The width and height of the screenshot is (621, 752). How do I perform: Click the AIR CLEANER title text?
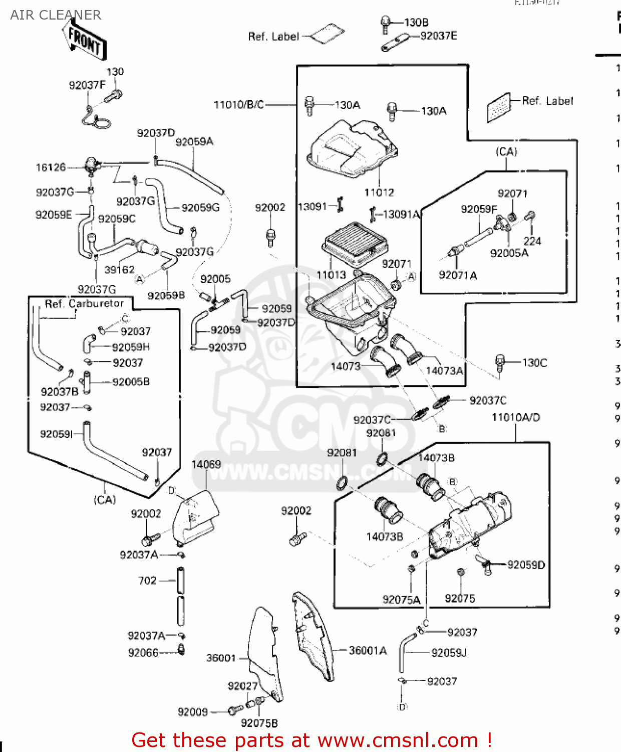tap(56, 15)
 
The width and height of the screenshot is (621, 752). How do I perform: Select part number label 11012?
tap(379, 193)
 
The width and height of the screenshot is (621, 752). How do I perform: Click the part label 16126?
tap(51, 167)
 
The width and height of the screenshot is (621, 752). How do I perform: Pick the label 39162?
tap(119, 270)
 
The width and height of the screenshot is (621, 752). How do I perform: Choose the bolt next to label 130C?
tap(499, 362)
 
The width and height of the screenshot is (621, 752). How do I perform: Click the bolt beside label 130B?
tap(385, 24)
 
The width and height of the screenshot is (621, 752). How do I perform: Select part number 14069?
tap(206, 464)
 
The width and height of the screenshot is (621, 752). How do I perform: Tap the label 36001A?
tap(368, 651)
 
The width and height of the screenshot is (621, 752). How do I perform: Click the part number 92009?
tap(192, 712)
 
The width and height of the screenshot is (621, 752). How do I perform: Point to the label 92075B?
tap(259, 723)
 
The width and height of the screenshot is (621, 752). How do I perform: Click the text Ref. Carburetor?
tap(84, 304)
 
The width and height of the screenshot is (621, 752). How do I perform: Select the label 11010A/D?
tap(516, 417)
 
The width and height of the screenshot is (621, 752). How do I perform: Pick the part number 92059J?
tap(449, 653)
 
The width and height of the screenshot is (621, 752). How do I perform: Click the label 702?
tap(147, 581)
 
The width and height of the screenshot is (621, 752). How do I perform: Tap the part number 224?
tap(532, 241)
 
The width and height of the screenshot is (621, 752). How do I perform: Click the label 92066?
tap(143, 653)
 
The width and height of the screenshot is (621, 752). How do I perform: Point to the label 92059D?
tap(526, 565)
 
